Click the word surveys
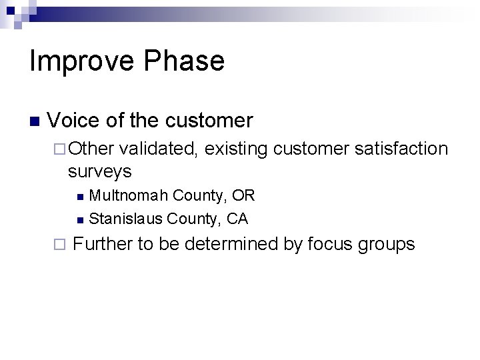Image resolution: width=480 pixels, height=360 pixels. coord(99,171)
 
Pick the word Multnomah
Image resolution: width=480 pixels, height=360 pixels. coord(128,195)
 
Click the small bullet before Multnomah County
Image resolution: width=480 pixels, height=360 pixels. coord(80,197)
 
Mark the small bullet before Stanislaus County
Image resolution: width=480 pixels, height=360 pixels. coord(80,219)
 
